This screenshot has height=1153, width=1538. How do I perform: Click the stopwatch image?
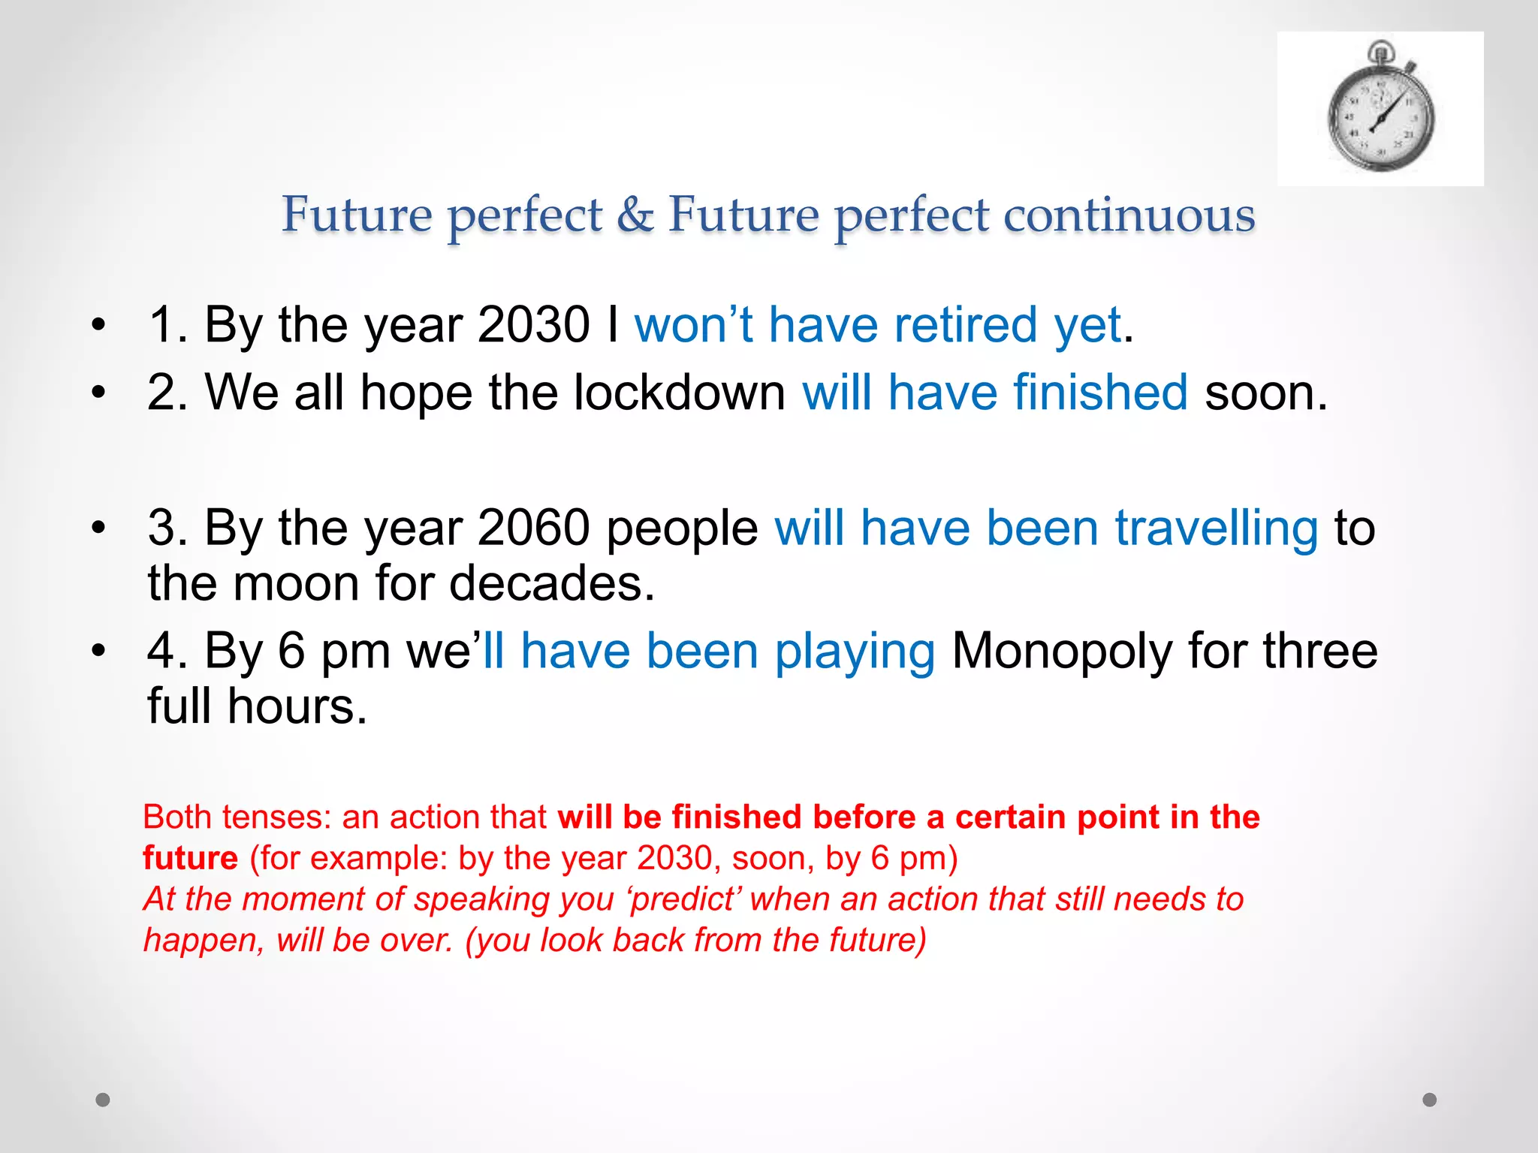click(1380, 110)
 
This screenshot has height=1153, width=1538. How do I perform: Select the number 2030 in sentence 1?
click(533, 325)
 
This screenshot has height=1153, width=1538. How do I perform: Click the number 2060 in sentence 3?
click(533, 528)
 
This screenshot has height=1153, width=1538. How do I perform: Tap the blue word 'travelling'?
click(1217, 528)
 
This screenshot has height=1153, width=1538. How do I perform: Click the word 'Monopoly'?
click(1062, 651)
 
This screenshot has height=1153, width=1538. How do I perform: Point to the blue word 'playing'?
click(855, 651)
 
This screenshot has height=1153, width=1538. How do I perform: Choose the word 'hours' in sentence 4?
click(297, 706)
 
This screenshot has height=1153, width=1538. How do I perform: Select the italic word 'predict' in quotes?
click(681, 899)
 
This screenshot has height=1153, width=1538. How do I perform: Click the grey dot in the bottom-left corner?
click(103, 1100)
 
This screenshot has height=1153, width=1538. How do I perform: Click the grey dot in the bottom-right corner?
click(1430, 1100)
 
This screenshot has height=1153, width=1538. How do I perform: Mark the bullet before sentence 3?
click(98, 528)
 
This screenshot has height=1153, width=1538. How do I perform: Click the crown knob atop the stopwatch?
click(1380, 51)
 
